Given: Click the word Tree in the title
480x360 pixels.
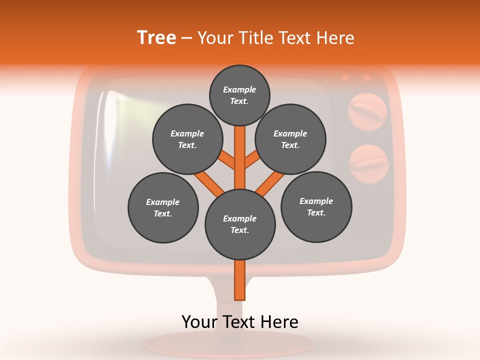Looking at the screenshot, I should click(156, 37).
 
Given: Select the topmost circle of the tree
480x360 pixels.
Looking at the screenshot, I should click(239, 95).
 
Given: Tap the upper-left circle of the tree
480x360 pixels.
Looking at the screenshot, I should click(187, 139).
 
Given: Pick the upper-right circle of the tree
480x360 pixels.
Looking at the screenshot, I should click(290, 139).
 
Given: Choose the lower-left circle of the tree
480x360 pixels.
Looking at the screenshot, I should click(163, 208).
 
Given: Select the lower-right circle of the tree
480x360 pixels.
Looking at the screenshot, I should click(316, 207).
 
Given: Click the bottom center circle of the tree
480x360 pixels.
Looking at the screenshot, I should click(240, 224).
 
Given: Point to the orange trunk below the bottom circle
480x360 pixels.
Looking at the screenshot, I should click(240, 280).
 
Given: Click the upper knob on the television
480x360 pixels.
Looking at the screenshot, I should click(368, 110).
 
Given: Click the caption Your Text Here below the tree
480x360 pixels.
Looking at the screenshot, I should click(240, 322).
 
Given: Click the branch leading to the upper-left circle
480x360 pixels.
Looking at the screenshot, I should click(227, 161).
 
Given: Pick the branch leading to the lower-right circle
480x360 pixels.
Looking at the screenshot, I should click(270, 183).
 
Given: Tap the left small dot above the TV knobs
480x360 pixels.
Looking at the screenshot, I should click(345, 77).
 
